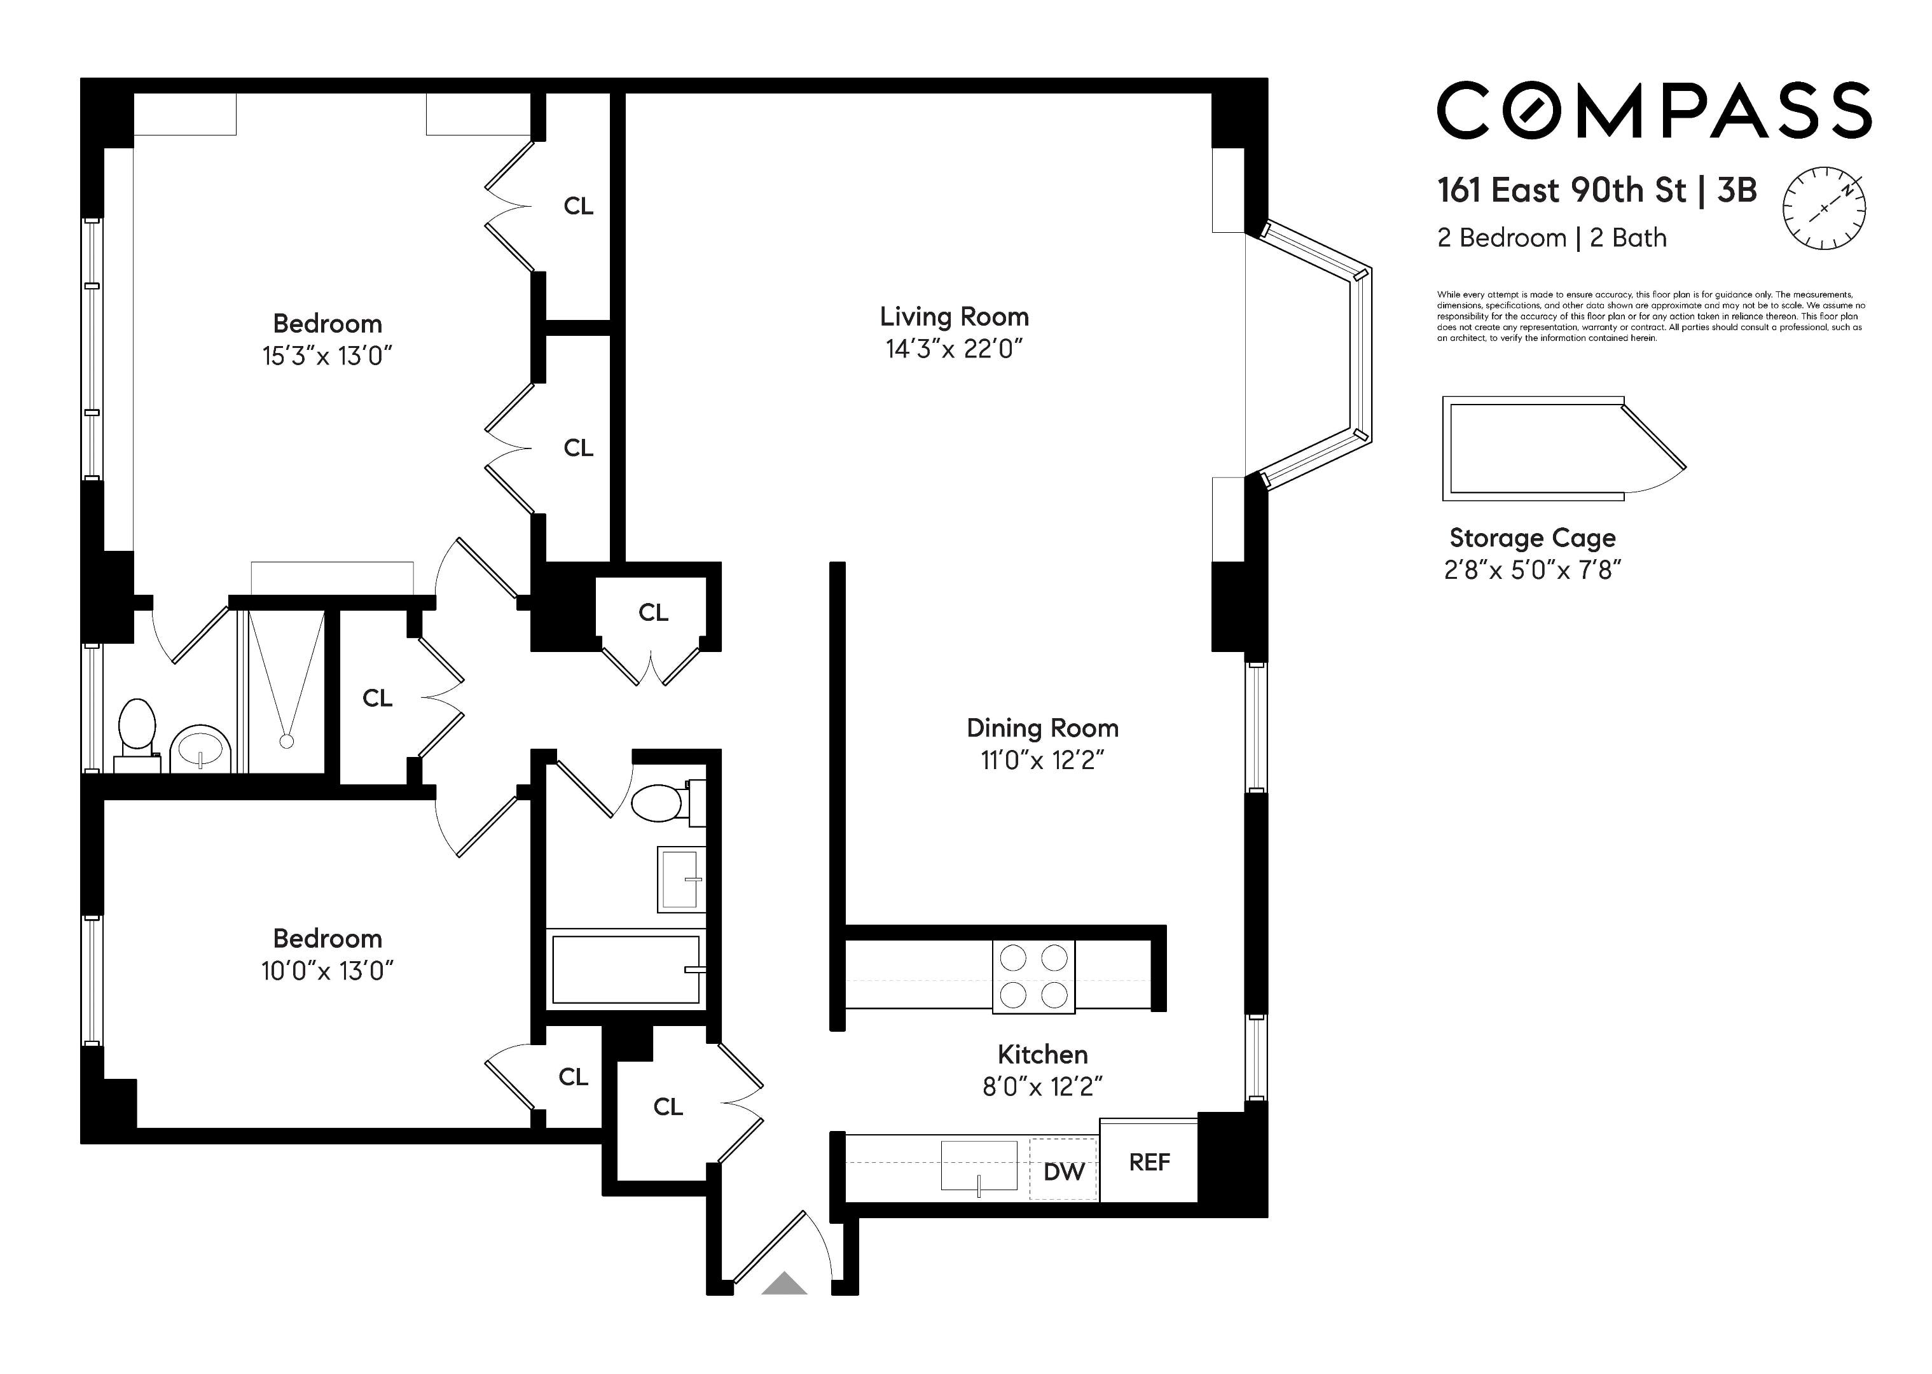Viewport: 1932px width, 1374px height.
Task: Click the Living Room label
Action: click(x=954, y=316)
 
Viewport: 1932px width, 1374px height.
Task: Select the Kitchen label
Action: click(x=1042, y=1054)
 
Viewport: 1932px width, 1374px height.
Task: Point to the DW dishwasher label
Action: click(x=1063, y=1172)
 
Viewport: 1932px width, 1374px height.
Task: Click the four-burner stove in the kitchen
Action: click(x=1033, y=976)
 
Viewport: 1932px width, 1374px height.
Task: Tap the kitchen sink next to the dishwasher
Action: click(x=979, y=1167)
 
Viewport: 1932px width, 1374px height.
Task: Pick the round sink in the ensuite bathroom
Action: click(x=200, y=748)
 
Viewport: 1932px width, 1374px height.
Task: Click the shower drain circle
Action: click(x=287, y=741)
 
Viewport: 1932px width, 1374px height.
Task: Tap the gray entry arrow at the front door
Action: click(x=784, y=1284)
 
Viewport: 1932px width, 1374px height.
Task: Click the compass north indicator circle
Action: click(x=1825, y=208)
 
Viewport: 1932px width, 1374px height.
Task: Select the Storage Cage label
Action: click(x=1533, y=538)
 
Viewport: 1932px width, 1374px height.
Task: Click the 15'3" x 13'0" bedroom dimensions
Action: click(x=328, y=356)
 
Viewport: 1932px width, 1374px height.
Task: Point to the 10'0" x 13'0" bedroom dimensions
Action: click(x=328, y=971)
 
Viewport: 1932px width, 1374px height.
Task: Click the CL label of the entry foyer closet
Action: click(x=668, y=1107)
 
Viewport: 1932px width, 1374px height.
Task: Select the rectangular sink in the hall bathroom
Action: click(x=681, y=880)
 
